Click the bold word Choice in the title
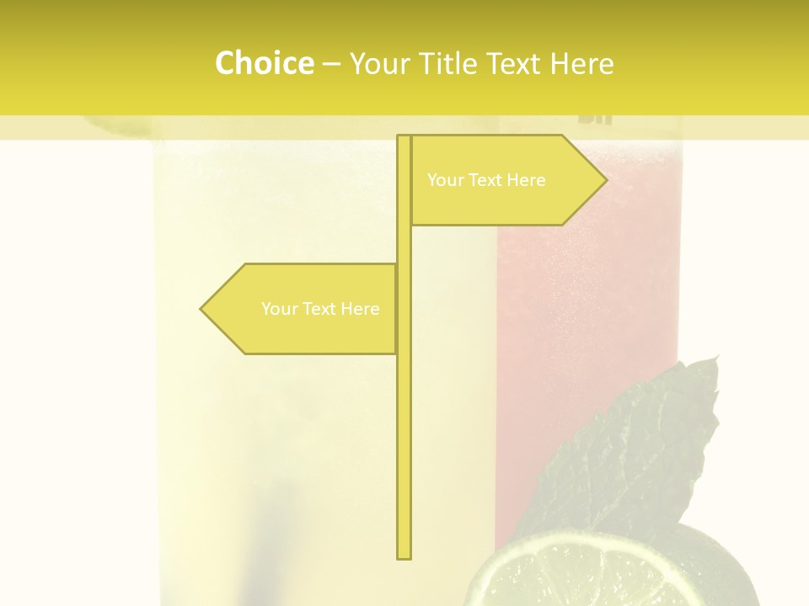(x=264, y=63)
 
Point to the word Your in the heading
(x=378, y=64)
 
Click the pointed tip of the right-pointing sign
(x=605, y=180)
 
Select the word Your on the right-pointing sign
(x=445, y=180)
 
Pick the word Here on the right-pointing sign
(x=526, y=180)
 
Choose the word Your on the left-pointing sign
(x=279, y=309)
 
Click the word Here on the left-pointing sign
(x=360, y=309)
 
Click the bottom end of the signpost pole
(x=404, y=555)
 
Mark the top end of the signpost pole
(x=404, y=137)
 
